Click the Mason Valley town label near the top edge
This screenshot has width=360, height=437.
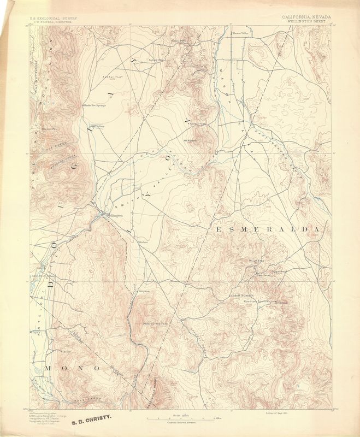click(x=241, y=33)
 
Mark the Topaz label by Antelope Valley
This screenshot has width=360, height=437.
click(x=37, y=331)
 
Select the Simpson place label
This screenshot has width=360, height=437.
click(x=144, y=291)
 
